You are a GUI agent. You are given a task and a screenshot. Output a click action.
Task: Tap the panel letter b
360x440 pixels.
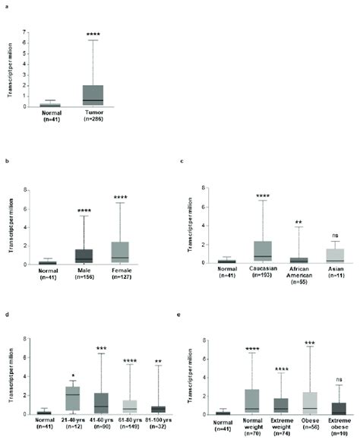pos(6,160)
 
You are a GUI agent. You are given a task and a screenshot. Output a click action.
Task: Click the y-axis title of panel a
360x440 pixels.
pos(9,70)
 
